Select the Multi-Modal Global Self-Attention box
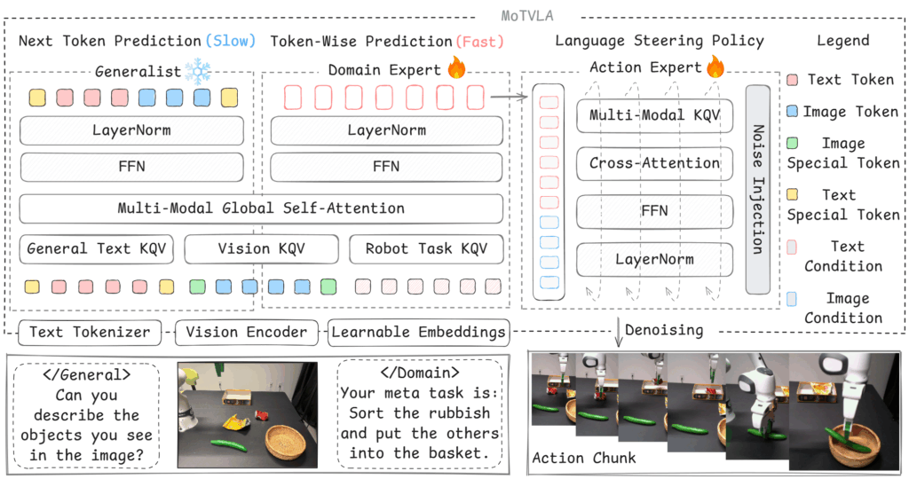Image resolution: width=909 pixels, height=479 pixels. click(261, 208)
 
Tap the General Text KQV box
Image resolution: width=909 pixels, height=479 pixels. click(95, 249)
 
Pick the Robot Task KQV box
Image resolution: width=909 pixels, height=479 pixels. click(426, 249)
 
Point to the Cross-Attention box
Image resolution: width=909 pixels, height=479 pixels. click(655, 163)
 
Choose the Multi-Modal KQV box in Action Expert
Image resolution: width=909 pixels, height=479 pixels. click(655, 115)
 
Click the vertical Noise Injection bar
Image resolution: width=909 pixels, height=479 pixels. click(757, 189)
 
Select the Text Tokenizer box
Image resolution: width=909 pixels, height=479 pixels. click(90, 333)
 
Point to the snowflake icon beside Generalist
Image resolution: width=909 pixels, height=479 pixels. click(198, 70)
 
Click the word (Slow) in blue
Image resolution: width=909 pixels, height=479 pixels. click(230, 41)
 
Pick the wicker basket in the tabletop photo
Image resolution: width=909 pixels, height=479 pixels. click(286, 441)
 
